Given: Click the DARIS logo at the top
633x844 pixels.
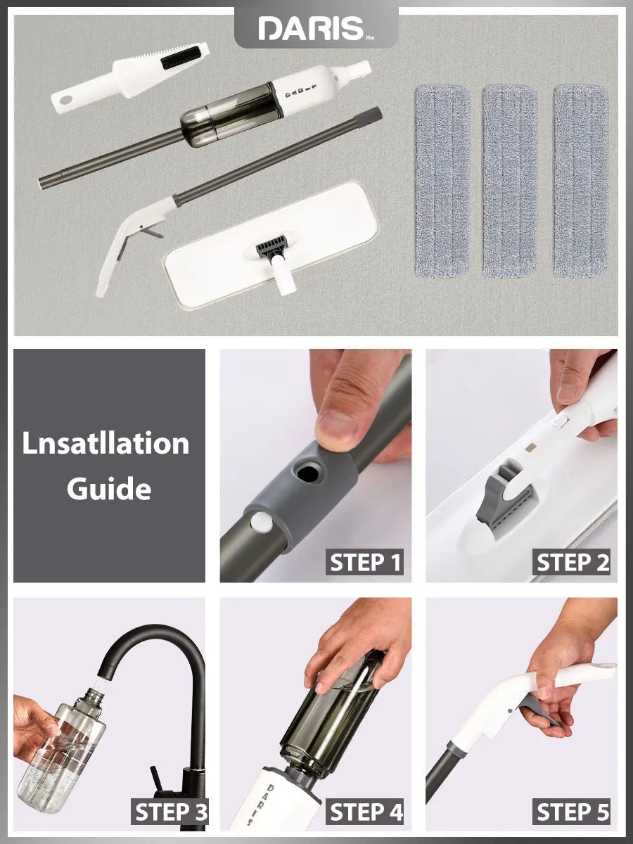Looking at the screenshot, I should [x=311, y=28].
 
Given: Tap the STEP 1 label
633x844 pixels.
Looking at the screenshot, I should [x=366, y=563].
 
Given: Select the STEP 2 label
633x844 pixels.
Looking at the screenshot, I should [x=573, y=563].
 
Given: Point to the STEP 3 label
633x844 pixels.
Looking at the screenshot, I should [x=171, y=812].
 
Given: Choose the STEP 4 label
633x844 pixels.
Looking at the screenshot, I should [x=366, y=812].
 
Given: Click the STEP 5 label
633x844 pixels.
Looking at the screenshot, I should [x=573, y=812].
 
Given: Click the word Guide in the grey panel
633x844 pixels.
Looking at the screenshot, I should [x=109, y=488].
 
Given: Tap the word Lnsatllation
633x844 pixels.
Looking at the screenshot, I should [x=105, y=444].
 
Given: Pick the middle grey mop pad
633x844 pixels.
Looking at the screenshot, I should [x=509, y=181].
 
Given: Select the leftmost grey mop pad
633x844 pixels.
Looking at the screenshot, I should [x=442, y=181].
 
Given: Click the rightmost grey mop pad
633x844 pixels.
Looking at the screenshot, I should [x=580, y=181].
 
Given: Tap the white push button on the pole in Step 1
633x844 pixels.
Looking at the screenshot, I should [x=262, y=521].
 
